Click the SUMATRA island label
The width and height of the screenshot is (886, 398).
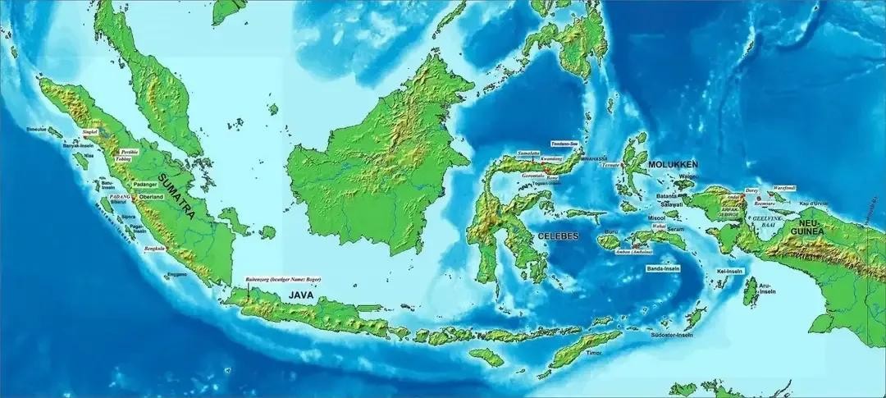pyautogui.click(x=177, y=196)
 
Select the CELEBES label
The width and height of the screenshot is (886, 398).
pyautogui.click(x=558, y=236)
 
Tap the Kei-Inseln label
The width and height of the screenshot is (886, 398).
pyautogui.click(x=729, y=271)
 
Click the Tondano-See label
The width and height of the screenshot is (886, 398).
pyautogui.click(x=564, y=142)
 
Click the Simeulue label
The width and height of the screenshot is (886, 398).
pyautogui.click(x=36, y=129)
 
